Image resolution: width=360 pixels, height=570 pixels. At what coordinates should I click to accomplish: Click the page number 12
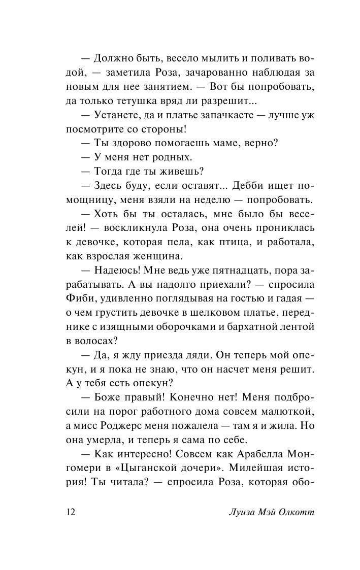[x=71, y=512]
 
